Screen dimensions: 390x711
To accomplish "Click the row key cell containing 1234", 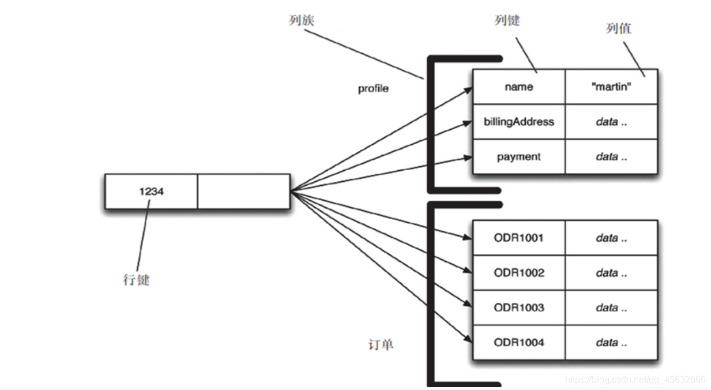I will pos(151,192).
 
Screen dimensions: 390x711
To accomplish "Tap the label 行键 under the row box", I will pos(136,280).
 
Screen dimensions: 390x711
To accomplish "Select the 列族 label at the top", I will pos(301,20).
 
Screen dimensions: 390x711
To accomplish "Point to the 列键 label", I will pos(507,20).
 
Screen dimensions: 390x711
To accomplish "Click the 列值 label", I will pos(618,28).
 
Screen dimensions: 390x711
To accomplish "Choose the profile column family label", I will pos(373,89).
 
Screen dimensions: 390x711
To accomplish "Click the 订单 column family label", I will pos(381,345).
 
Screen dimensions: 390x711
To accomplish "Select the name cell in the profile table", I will pos(518,87).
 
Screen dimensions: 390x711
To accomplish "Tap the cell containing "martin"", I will pos(611,87).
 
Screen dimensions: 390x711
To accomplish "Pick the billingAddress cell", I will pos(518,122).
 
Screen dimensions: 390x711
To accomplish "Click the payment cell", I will pos(518,156).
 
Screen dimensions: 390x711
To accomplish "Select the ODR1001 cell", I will pos(518,238).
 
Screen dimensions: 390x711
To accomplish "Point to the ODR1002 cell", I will pos(518,273).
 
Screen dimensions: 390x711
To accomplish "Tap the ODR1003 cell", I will pos(518,307).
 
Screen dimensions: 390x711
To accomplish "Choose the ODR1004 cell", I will pos(518,342).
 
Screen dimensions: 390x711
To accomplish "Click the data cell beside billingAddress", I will pos(611,122).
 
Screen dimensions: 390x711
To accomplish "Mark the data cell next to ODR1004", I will pos(611,342).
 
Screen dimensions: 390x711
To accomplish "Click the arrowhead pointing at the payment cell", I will pos(468,157).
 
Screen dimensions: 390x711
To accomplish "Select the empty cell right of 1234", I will pos(243,192).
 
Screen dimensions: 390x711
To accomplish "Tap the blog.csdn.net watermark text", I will pos(635,380).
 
